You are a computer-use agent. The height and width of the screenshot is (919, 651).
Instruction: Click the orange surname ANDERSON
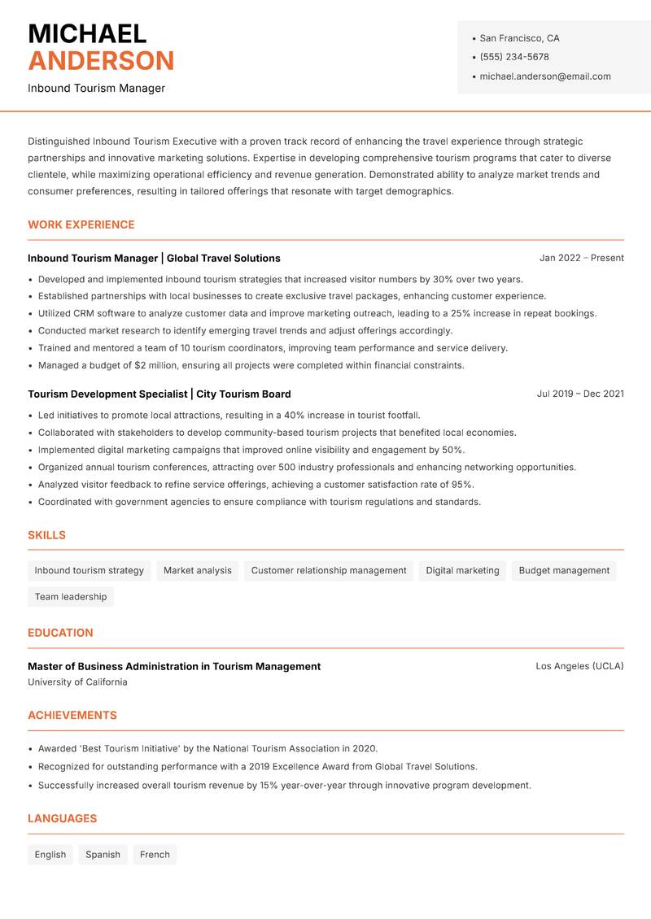pos(101,61)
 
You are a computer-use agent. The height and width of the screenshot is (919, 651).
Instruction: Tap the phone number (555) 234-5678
pos(514,57)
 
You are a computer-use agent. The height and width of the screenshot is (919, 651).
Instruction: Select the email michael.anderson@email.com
pos(544,76)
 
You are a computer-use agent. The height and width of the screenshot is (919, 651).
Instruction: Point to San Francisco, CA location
pos(519,38)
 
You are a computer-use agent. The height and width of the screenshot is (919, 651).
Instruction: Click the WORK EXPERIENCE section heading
pos(81,224)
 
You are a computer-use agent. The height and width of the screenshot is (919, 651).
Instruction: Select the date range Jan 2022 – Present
pos(581,258)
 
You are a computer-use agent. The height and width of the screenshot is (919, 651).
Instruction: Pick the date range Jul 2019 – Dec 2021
pos(580,394)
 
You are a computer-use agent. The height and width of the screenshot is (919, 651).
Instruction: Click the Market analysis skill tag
pos(197,571)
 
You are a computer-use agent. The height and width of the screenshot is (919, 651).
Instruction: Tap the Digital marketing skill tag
pos(462,571)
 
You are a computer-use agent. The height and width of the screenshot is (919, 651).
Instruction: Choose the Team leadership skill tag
pos(71,597)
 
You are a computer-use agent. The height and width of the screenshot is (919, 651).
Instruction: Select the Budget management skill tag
pos(564,571)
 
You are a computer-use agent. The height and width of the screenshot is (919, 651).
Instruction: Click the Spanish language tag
pos(103,855)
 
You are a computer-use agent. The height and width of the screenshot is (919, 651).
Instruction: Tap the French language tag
pos(155,855)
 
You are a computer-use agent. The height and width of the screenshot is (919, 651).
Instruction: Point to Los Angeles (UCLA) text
pos(579,666)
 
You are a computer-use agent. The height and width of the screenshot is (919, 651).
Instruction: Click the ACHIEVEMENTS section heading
pos(72,716)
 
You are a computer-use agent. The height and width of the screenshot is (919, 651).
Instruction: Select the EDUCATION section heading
pos(60,633)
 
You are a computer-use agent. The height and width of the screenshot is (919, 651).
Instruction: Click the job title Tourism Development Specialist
pos(107,394)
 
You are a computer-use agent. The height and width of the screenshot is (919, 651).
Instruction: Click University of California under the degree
pos(77,682)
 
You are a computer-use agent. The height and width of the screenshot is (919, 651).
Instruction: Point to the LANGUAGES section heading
pos(62,819)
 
